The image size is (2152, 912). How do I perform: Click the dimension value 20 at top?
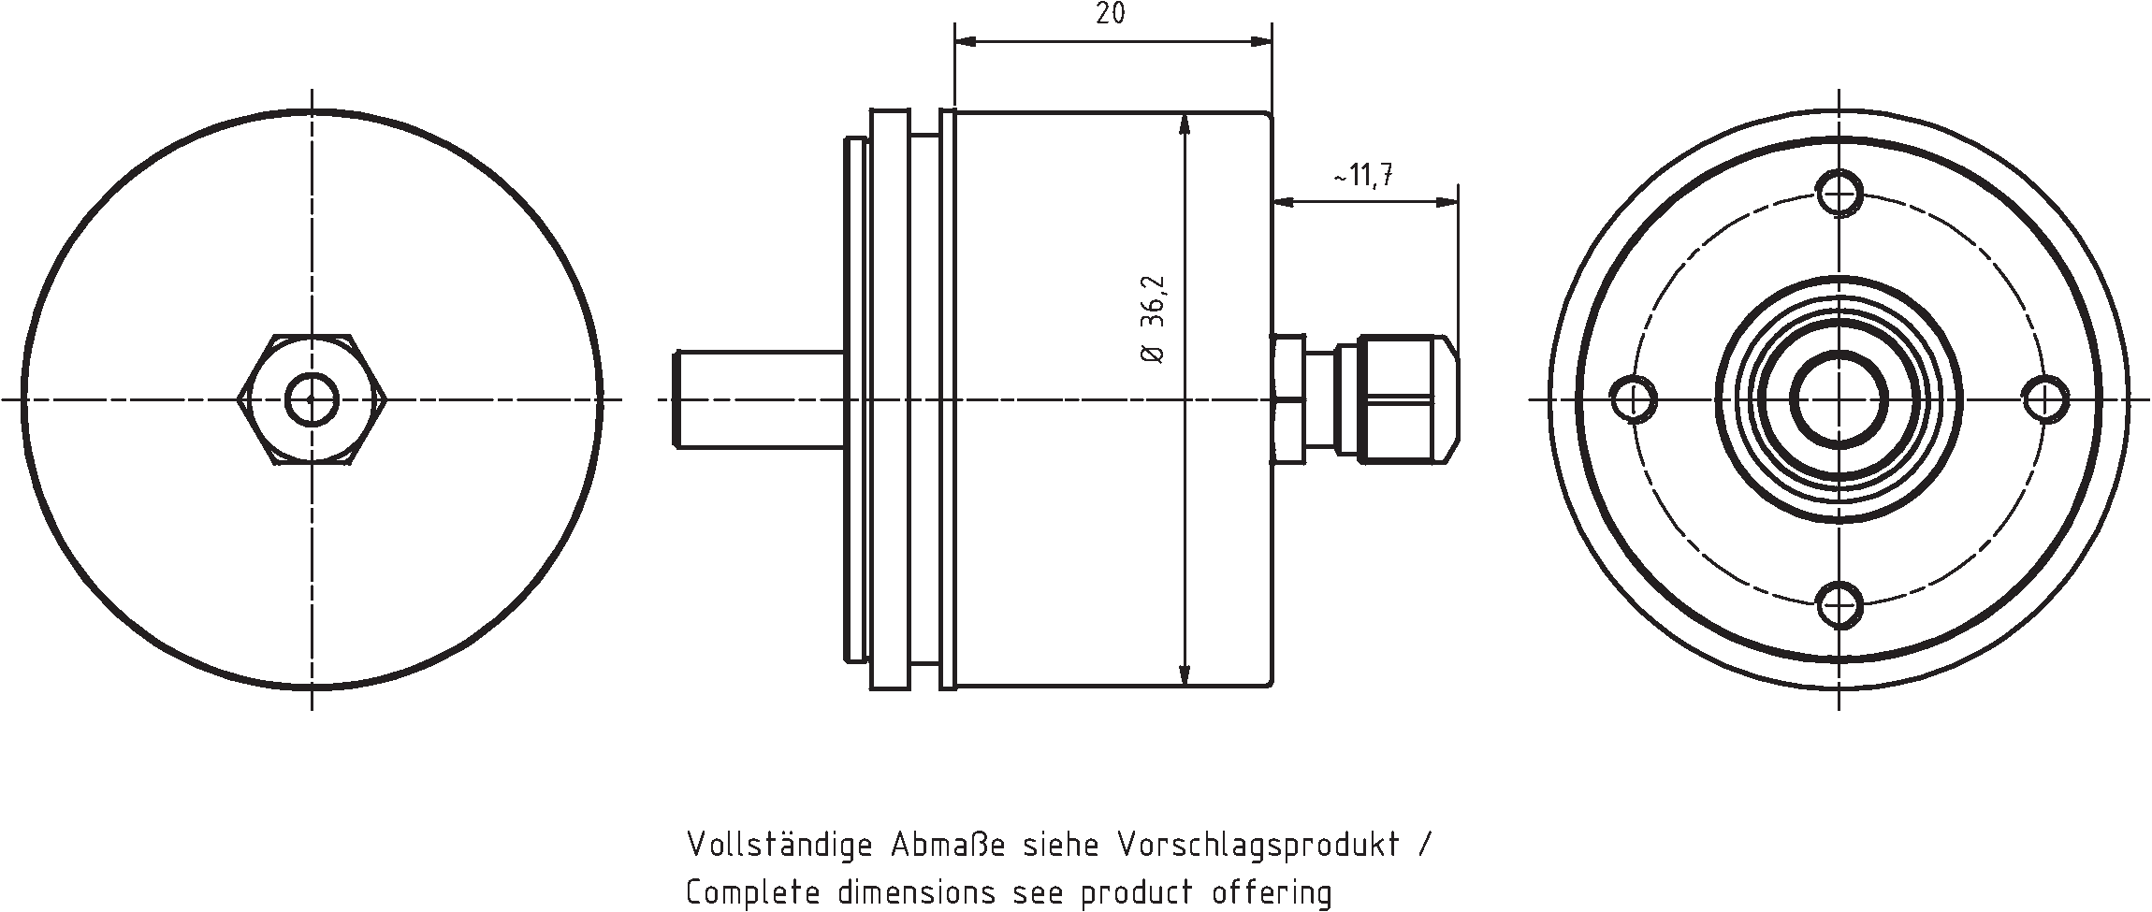coord(1111,15)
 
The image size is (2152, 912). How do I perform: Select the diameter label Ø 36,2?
coord(1153,320)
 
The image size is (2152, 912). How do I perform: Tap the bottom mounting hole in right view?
coord(1839,603)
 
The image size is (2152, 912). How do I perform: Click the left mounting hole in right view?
coord(1635,399)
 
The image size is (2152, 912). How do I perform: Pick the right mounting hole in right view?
coord(2044,399)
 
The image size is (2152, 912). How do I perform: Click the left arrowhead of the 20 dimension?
coord(964,41)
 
